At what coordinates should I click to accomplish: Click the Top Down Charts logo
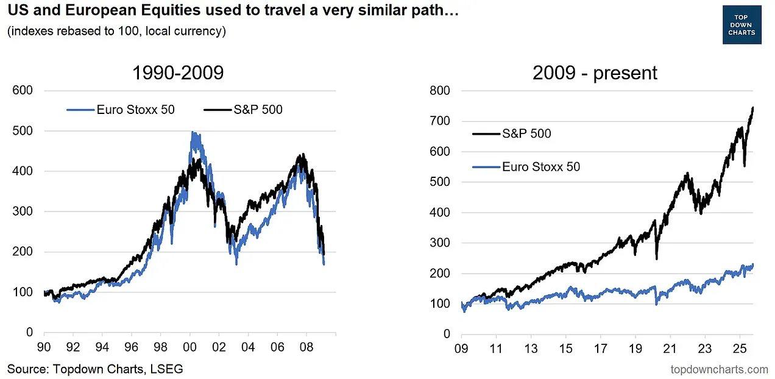click(741, 24)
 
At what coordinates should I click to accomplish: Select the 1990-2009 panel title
click(178, 73)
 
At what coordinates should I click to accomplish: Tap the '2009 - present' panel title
click(595, 73)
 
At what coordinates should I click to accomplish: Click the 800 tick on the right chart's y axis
click(440, 91)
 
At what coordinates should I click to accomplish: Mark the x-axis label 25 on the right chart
click(740, 350)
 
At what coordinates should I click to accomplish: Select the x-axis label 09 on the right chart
click(462, 350)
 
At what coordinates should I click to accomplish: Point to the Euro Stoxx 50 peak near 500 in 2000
click(193, 133)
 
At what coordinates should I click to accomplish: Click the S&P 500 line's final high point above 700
click(753, 108)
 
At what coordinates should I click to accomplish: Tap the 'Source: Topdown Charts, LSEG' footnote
click(95, 368)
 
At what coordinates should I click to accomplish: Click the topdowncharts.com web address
click(719, 369)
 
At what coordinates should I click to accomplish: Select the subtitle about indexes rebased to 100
click(116, 31)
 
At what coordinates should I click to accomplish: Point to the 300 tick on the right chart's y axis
click(440, 243)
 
